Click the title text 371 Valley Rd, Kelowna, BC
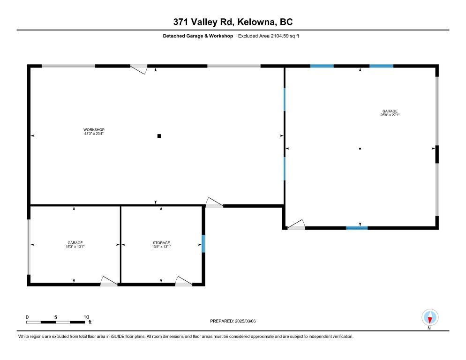coord(233,22)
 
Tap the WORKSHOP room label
coord(94,130)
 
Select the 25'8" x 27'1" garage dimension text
coord(390,115)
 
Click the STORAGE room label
coord(161,243)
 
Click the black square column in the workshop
coord(159,136)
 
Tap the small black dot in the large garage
coord(360,149)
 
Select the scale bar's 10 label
coord(86,317)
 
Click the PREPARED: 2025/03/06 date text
coord(233,321)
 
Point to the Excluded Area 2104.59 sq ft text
coord(268,36)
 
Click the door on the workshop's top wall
coord(139,69)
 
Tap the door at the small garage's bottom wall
coord(109,281)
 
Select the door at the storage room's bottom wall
coord(184,281)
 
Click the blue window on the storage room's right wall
coord(203,244)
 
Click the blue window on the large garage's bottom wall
coord(357,228)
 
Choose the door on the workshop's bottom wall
coord(214,202)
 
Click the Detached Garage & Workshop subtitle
coord(197,36)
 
